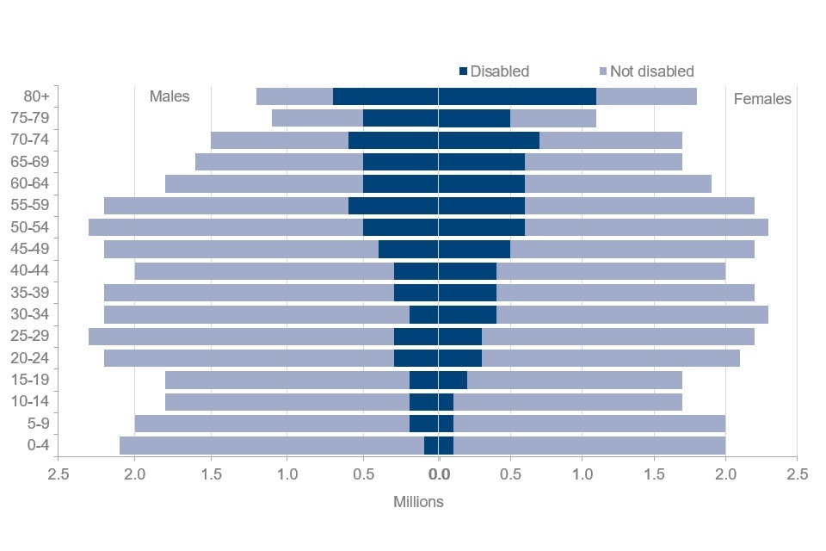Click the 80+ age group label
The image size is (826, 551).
click(x=37, y=96)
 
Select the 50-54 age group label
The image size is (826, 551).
click(x=30, y=227)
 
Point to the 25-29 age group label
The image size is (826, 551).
click(x=30, y=336)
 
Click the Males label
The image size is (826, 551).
click(x=170, y=96)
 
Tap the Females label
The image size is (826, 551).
click(x=762, y=99)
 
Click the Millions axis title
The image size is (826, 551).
click(x=419, y=502)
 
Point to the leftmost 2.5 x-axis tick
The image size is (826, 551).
click(x=59, y=474)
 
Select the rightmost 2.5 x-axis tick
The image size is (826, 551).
click(x=798, y=474)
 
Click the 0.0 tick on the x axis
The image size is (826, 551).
click(x=439, y=474)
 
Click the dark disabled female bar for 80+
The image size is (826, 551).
click(x=517, y=96)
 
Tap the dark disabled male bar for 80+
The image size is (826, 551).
click(x=385, y=96)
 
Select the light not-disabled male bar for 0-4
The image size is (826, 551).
click(x=272, y=445)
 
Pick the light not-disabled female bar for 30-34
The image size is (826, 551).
click(x=632, y=314)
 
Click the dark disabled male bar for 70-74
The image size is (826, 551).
click(x=393, y=140)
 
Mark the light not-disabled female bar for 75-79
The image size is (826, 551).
click(x=553, y=118)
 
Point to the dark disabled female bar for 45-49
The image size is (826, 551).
click(x=474, y=249)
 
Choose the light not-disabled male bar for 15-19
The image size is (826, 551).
click(x=287, y=380)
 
